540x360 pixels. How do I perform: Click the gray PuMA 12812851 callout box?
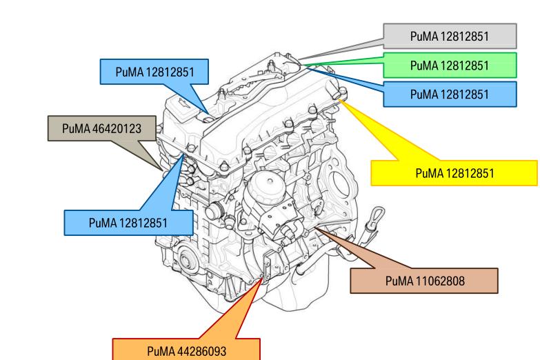(x=450, y=35)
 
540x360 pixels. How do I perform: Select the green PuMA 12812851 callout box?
(x=450, y=66)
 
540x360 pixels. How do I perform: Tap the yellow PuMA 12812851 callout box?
(x=454, y=172)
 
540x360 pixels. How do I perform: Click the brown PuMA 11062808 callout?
(x=423, y=281)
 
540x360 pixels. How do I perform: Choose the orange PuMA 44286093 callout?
(x=187, y=350)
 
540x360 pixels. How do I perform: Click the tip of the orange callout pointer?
(x=261, y=279)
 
